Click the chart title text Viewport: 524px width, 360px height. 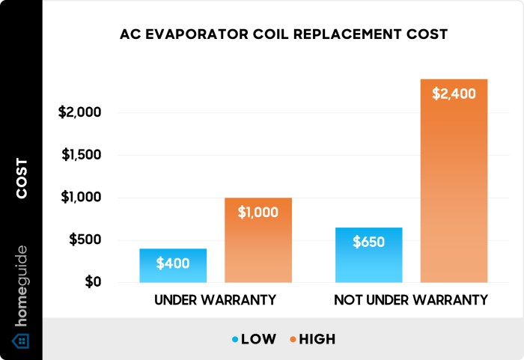click(x=283, y=34)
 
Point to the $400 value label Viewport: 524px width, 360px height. click(x=173, y=263)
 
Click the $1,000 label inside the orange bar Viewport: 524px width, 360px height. click(x=258, y=212)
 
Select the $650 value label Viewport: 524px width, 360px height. click(x=369, y=242)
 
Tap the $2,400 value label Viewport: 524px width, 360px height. click(x=454, y=94)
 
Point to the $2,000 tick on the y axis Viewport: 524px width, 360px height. click(x=79, y=113)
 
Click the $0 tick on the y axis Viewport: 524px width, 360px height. click(x=91, y=283)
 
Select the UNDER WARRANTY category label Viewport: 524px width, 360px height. click(x=215, y=300)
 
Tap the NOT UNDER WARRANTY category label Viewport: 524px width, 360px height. click(x=411, y=300)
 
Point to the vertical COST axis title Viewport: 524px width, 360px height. click(x=22, y=179)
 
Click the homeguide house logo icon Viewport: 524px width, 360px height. click(x=22, y=341)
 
